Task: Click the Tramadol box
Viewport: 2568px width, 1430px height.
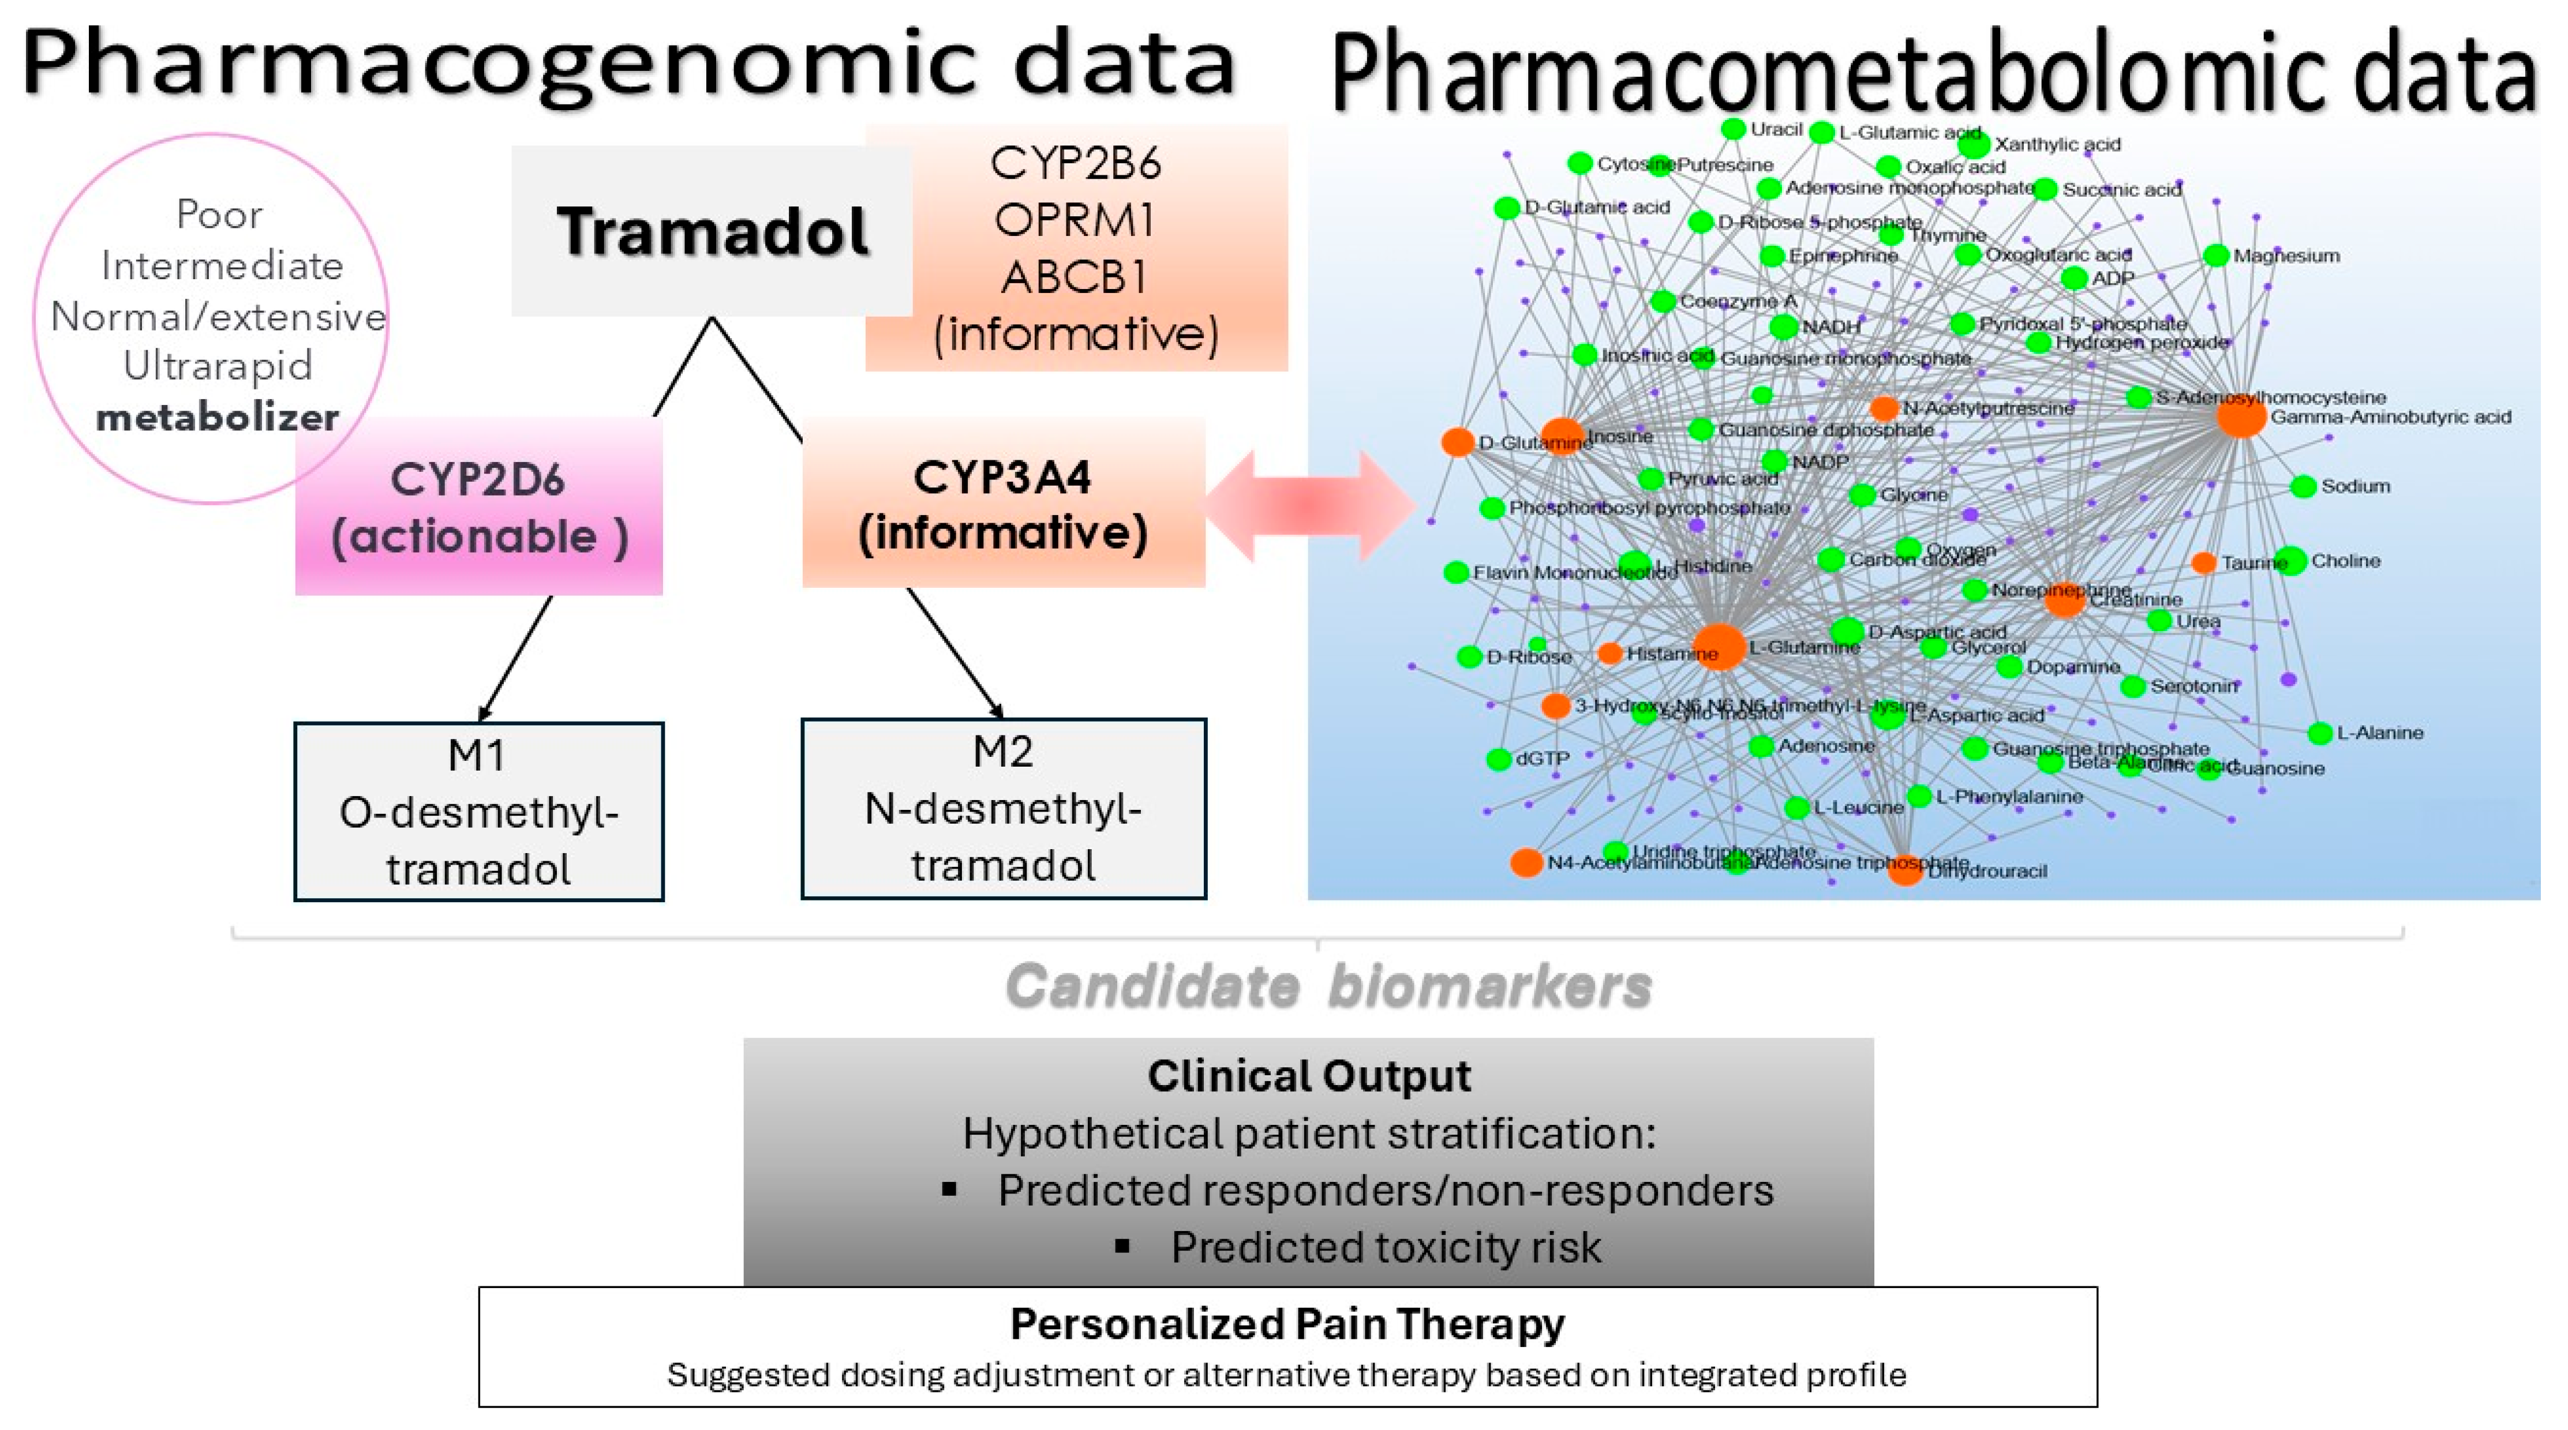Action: point(712,231)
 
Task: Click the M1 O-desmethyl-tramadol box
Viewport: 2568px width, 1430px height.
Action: point(478,812)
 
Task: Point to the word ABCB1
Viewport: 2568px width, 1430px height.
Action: point(1075,277)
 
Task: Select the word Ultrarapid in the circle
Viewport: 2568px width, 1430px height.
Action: point(218,366)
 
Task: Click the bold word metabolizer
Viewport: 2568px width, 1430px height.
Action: point(218,416)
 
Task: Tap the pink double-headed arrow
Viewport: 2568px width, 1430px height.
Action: point(1309,505)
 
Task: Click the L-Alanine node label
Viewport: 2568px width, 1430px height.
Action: point(2380,733)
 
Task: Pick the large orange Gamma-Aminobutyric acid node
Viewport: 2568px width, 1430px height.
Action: point(2241,416)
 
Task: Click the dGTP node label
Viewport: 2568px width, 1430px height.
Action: point(1542,759)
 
